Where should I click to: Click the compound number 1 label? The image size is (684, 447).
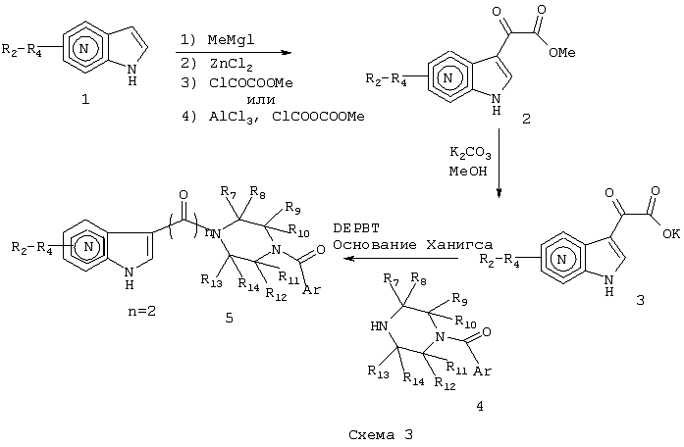point(85,100)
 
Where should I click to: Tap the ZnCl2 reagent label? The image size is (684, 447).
point(231,65)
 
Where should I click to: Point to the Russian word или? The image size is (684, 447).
point(261,100)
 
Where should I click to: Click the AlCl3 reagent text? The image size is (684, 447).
point(231,118)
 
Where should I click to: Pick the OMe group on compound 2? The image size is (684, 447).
point(562,53)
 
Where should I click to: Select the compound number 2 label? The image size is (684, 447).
point(526,119)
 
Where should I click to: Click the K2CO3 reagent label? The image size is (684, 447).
point(470,153)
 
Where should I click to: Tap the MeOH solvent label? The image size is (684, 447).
point(468,172)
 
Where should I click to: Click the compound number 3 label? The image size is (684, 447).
point(640,300)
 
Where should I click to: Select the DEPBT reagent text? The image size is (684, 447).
point(356,227)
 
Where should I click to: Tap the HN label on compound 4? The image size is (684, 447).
point(379,326)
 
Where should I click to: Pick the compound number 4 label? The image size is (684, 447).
point(480,407)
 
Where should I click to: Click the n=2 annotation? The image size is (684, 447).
point(142,311)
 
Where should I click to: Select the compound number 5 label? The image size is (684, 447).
point(229,319)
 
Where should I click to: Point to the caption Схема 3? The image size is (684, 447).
point(381,435)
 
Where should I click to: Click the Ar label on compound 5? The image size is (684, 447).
point(311,290)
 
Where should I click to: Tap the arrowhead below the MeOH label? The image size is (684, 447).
point(500,192)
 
